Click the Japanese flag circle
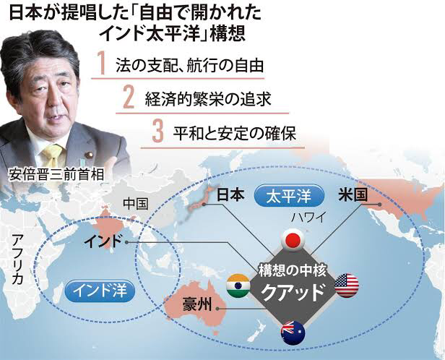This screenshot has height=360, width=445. click(x=293, y=241)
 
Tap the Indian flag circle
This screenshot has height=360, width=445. click(x=238, y=286)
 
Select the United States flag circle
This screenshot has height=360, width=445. click(x=347, y=286)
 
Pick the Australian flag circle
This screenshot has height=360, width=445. click(x=293, y=333)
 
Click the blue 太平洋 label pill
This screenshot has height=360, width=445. click(x=289, y=196)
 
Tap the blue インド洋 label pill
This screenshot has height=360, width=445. click(x=100, y=291)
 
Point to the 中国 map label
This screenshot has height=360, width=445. click(x=136, y=204)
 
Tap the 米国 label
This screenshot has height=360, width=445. click(x=353, y=195)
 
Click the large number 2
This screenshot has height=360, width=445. click(x=129, y=98)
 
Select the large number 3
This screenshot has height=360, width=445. click(x=158, y=131)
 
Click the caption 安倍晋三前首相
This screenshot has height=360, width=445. click(x=56, y=175)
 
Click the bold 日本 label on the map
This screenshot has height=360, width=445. click(x=230, y=195)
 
